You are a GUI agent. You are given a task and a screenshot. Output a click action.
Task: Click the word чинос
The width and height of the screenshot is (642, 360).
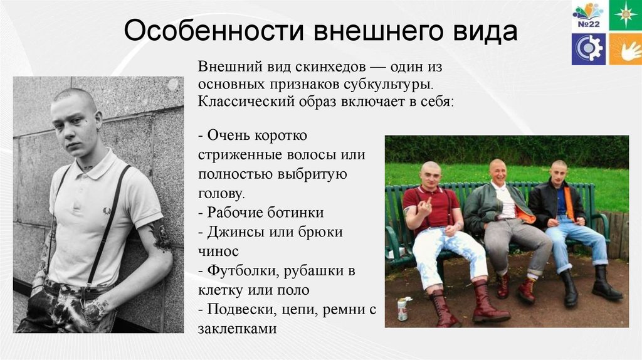218,251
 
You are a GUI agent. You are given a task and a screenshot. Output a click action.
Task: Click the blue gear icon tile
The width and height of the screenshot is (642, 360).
588,49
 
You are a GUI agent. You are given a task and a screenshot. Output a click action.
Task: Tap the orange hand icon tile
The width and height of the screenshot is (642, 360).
624,49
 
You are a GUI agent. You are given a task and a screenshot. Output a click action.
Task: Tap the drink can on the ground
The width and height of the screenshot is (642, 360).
403,309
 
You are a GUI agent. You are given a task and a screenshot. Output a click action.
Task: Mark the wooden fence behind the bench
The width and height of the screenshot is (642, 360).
621,235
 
